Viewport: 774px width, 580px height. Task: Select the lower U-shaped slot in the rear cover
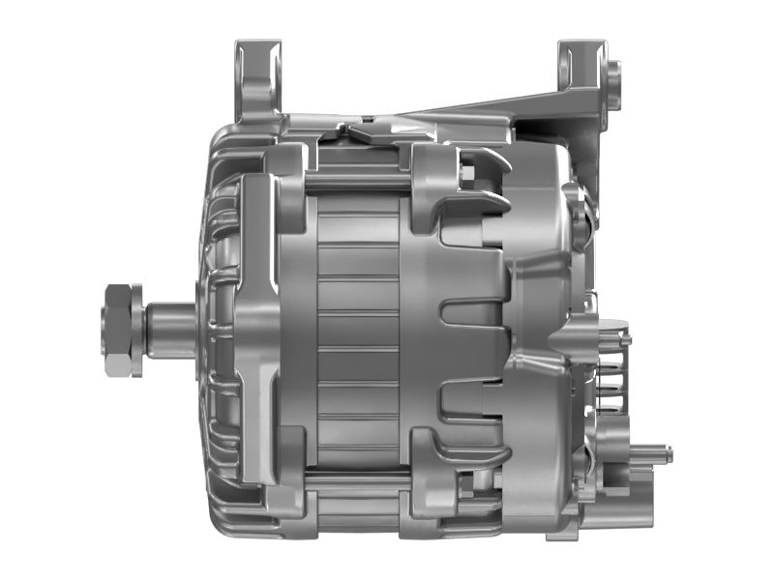474,396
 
